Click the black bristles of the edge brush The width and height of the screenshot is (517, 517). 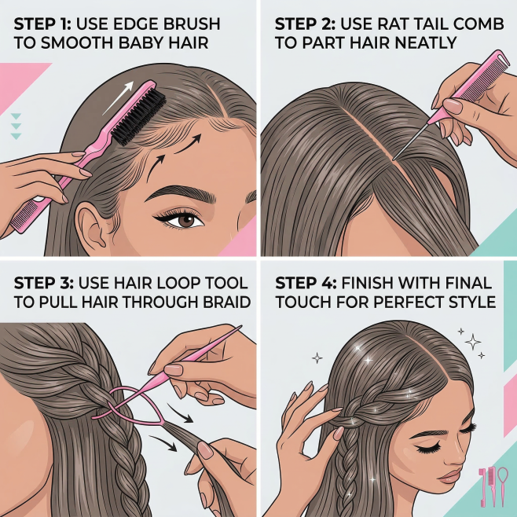click(139, 118)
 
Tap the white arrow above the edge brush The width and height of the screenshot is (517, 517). click(119, 98)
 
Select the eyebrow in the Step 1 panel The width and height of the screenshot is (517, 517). click(181, 194)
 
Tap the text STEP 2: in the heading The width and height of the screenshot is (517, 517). click(305, 24)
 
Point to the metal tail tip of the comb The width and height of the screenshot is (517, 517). click(393, 160)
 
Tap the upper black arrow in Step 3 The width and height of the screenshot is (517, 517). click(181, 412)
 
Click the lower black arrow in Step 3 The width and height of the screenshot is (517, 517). click(163, 443)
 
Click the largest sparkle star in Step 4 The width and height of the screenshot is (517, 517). click(472, 342)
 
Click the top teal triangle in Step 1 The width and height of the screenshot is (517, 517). click(16, 116)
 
